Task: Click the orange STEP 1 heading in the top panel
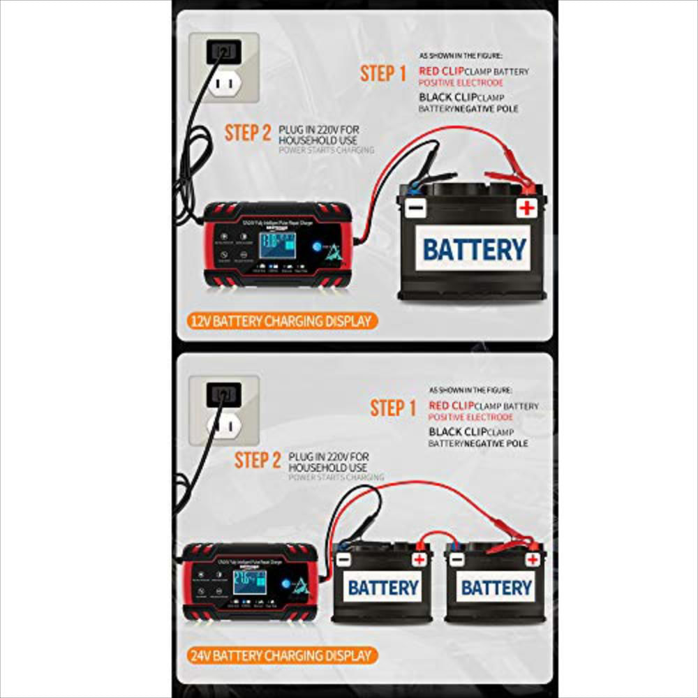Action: click(383, 73)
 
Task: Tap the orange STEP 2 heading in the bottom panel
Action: click(258, 461)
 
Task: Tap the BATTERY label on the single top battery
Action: click(475, 249)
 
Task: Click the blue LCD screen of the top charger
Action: click(277, 248)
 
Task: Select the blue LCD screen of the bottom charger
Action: click(249, 581)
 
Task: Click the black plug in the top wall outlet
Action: click(223, 50)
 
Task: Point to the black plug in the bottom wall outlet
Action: click(225, 394)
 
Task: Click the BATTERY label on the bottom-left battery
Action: click(383, 587)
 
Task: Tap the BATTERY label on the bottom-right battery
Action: click(496, 587)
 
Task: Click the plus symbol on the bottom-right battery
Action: click(533, 559)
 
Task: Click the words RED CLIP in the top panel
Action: click(442, 71)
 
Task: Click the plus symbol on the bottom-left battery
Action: click(419, 559)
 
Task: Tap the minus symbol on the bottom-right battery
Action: click(457, 560)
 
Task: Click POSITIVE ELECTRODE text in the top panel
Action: click(461, 83)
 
